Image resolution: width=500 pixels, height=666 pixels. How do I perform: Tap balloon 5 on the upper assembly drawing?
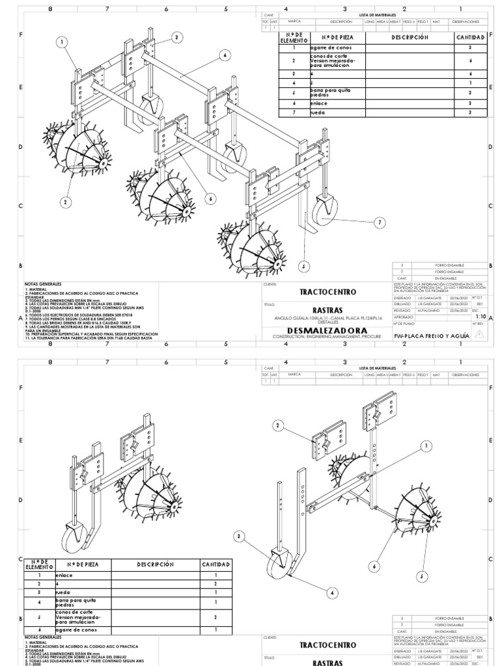(303, 265)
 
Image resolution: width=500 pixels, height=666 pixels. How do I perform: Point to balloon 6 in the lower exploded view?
(374, 567)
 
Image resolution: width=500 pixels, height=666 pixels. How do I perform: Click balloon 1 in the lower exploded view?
(427, 446)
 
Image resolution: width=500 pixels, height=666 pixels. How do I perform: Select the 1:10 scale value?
(481, 316)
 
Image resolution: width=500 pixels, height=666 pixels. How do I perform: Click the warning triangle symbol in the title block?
(480, 334)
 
